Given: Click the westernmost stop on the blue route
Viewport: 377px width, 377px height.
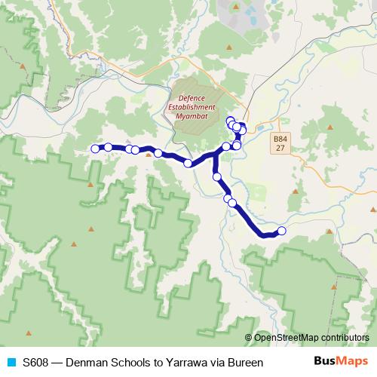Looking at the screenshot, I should [x=96, y=149].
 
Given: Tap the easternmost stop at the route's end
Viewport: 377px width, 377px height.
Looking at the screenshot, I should [x=282, y=231].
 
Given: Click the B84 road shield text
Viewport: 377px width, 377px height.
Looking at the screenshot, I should [x=280, y=139].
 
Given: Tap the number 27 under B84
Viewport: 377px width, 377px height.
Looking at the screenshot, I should [x=280, y=149].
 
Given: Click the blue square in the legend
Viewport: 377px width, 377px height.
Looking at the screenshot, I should [x=11, y=363].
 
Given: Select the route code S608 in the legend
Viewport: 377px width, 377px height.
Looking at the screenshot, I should [x=36, y=363].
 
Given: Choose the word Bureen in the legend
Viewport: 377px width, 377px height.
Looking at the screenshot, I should [x=245, y=363].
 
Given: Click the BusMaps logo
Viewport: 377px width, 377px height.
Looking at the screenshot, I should [x=341, y=362].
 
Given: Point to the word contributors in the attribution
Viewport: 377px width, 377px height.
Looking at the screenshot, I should [x=344, y=337].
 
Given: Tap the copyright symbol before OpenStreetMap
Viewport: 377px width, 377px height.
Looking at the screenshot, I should [x=248, y=337].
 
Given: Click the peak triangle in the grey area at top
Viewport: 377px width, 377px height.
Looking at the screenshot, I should [x=236, y=7].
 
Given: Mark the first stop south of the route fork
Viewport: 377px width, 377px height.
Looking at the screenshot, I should [x=217, y=177].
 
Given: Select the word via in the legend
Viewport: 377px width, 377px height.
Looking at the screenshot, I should [x=216, y=363].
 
